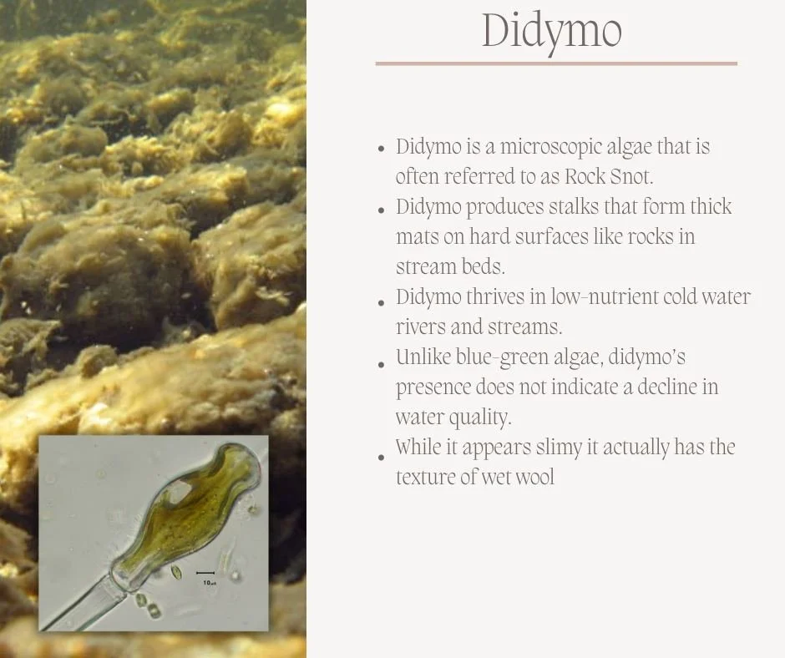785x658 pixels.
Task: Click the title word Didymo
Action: click(x=552, y=32)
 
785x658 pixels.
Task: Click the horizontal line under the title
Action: click(x=556, y=63)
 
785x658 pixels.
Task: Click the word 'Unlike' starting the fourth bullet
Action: click(x=423, y=358)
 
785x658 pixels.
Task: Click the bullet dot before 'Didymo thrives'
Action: click(x=381, y=300)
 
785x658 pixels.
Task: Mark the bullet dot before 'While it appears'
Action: click(x=381, y=457)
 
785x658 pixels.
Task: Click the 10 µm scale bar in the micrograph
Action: click(x=205, y=573)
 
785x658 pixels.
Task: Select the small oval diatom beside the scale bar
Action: click(x=175, y=572)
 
